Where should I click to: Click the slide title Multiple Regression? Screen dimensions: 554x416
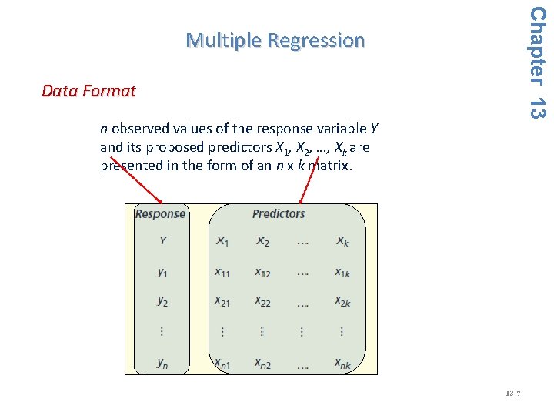275,40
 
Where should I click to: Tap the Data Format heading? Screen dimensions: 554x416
88,91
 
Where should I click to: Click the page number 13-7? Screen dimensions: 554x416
513,394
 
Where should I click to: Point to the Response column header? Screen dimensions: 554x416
160,214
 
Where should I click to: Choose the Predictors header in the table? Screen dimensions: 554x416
279,214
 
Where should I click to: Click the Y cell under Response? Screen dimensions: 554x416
162,240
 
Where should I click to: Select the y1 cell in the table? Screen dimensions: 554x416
162,271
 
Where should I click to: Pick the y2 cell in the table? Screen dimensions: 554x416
162,301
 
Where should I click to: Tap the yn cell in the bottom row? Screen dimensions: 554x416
162,363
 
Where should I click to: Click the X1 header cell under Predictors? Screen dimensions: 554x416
222,241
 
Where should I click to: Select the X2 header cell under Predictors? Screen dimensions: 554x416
262,241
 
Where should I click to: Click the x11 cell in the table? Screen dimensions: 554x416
222,271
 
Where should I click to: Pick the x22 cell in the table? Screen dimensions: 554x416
262,301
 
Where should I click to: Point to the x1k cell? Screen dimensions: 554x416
342,271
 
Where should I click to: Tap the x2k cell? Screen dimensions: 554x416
342,301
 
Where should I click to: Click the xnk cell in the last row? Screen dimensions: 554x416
342,363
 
